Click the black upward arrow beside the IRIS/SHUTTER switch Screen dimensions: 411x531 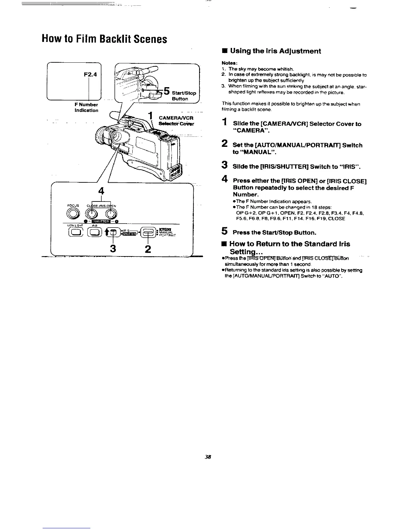(x=107, y=231)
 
